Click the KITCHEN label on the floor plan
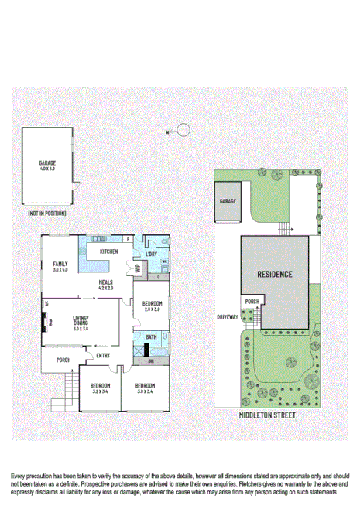click(x=108, y=251)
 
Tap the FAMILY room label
click(x=60, y=264)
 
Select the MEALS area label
click(x=105, y=282)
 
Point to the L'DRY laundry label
click(x=151, y=253)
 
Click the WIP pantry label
click(x=138, y=268)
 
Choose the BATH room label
click(x=151, y=337)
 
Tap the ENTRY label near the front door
click(x=102, y=355)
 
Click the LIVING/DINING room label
click(x=81, y=321)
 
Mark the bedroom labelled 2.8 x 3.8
click(x=153, y=304)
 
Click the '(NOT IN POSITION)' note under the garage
click(x=46, y=213)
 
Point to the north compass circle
click(x=183, y=130)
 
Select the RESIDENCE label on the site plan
click(x=275, y=274)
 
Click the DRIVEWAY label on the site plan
click(x=227, y=317)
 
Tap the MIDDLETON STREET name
click(x=269, y=415)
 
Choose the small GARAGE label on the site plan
click(x=227, y=200)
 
